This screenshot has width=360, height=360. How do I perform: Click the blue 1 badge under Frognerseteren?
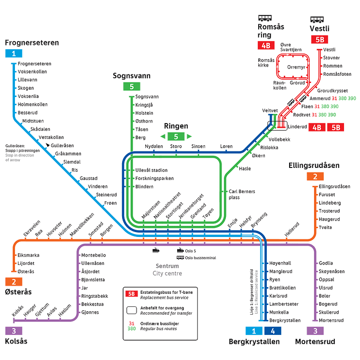[x=14, y=54]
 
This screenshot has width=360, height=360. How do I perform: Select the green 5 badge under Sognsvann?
[x=131, y=87]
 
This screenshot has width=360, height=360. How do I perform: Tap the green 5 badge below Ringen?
[x=176, y=137]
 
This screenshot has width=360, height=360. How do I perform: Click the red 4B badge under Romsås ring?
[x=266, y=46]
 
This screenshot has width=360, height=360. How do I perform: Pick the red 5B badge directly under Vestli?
[x=319, y=40]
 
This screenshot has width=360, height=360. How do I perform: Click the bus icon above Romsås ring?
[x=264, y=18]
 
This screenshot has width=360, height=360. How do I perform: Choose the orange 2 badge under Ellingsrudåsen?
[x=315, y=177]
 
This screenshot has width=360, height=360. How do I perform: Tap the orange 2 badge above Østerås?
[x=14, y=282]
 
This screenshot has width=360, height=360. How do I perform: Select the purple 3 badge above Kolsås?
[x=14, y=331]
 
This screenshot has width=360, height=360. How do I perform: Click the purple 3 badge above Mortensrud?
[x=315, y=331]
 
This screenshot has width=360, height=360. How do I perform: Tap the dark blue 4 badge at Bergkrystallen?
[x=273, y=331]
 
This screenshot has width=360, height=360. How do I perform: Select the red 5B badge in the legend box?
[x=131, y=293]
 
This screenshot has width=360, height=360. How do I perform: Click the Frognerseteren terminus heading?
[x=32, y=42]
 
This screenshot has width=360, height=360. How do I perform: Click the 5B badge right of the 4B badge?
[x=336, y=127]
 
